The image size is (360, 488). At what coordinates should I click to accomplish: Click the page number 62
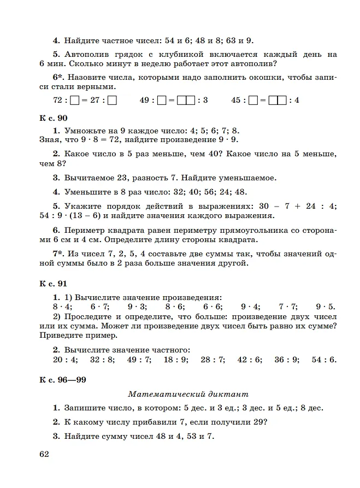pyautogui.click(x=44, y=455)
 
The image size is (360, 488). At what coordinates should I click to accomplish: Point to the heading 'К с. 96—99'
pyautogui.click(x=63, y=379)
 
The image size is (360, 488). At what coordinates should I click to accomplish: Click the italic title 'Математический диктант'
pyautogui.click(x=188, y=393)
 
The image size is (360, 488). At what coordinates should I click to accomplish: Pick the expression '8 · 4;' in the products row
pyautogui.click(x=54, y=307)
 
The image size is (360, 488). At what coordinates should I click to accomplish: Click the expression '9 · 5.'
pyautogui.click(x=326, y=307)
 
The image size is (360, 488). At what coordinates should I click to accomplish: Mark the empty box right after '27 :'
pyautogui.click(x=113, y=101)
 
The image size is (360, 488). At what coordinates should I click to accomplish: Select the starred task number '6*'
pyautogui.click(x=58, y=78)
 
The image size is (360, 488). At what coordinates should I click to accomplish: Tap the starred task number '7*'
pyautogui.click(x=58, y=254)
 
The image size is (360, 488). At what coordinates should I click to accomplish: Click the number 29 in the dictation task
pyautogui.click(x=256, y=422)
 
